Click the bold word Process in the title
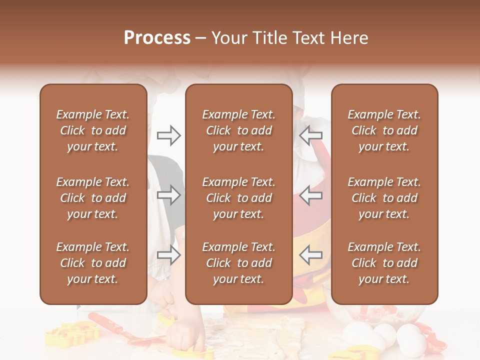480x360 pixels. [157, 38]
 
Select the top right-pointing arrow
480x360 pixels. [168, 135]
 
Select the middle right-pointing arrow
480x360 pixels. [168, 195]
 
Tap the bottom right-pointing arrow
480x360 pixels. [168, 255]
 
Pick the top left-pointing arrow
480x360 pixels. [311, 135]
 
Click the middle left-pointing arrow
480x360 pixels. [311, 195]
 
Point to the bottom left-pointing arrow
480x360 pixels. [311, 255]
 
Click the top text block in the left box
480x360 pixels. [93, 130]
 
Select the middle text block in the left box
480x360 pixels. [93, 198]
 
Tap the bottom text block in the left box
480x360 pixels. [93, 263]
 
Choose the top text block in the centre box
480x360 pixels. [238, 130]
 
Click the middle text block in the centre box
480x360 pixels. [238, 198]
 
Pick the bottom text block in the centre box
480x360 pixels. [238, 263]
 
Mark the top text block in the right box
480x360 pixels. [384, 130]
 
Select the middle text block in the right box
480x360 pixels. [384, 198]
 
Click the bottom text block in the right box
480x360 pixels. [384, 263]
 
